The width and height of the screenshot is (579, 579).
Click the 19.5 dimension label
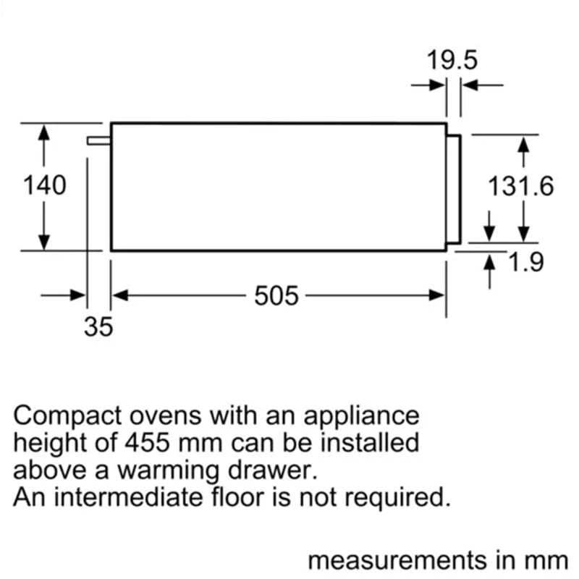452,59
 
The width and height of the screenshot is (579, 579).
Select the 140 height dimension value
44,185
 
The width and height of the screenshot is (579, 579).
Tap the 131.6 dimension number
520,187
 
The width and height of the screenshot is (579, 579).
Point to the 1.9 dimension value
525,262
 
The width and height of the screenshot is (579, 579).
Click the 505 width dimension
276,295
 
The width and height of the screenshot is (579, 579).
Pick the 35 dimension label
98,327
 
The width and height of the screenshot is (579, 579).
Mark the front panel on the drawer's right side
454,188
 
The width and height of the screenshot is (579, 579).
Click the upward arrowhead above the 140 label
44,132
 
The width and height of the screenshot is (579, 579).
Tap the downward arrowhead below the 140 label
44,242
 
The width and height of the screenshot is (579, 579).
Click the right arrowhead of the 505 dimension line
437,295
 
